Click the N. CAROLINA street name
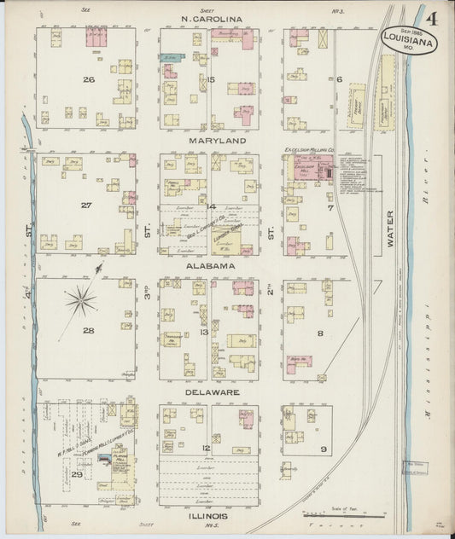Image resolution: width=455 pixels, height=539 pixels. (211, 18)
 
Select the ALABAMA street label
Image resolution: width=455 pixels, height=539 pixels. (211, 266)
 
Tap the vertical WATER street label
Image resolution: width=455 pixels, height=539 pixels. (389, 230)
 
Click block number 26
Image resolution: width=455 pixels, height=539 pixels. (87, 79)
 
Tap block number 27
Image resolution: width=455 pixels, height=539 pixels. (85, 205)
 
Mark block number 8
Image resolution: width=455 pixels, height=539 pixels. (321, 333)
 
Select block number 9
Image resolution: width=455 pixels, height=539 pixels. (323, 449)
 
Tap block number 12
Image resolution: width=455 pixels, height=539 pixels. (205, 447)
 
